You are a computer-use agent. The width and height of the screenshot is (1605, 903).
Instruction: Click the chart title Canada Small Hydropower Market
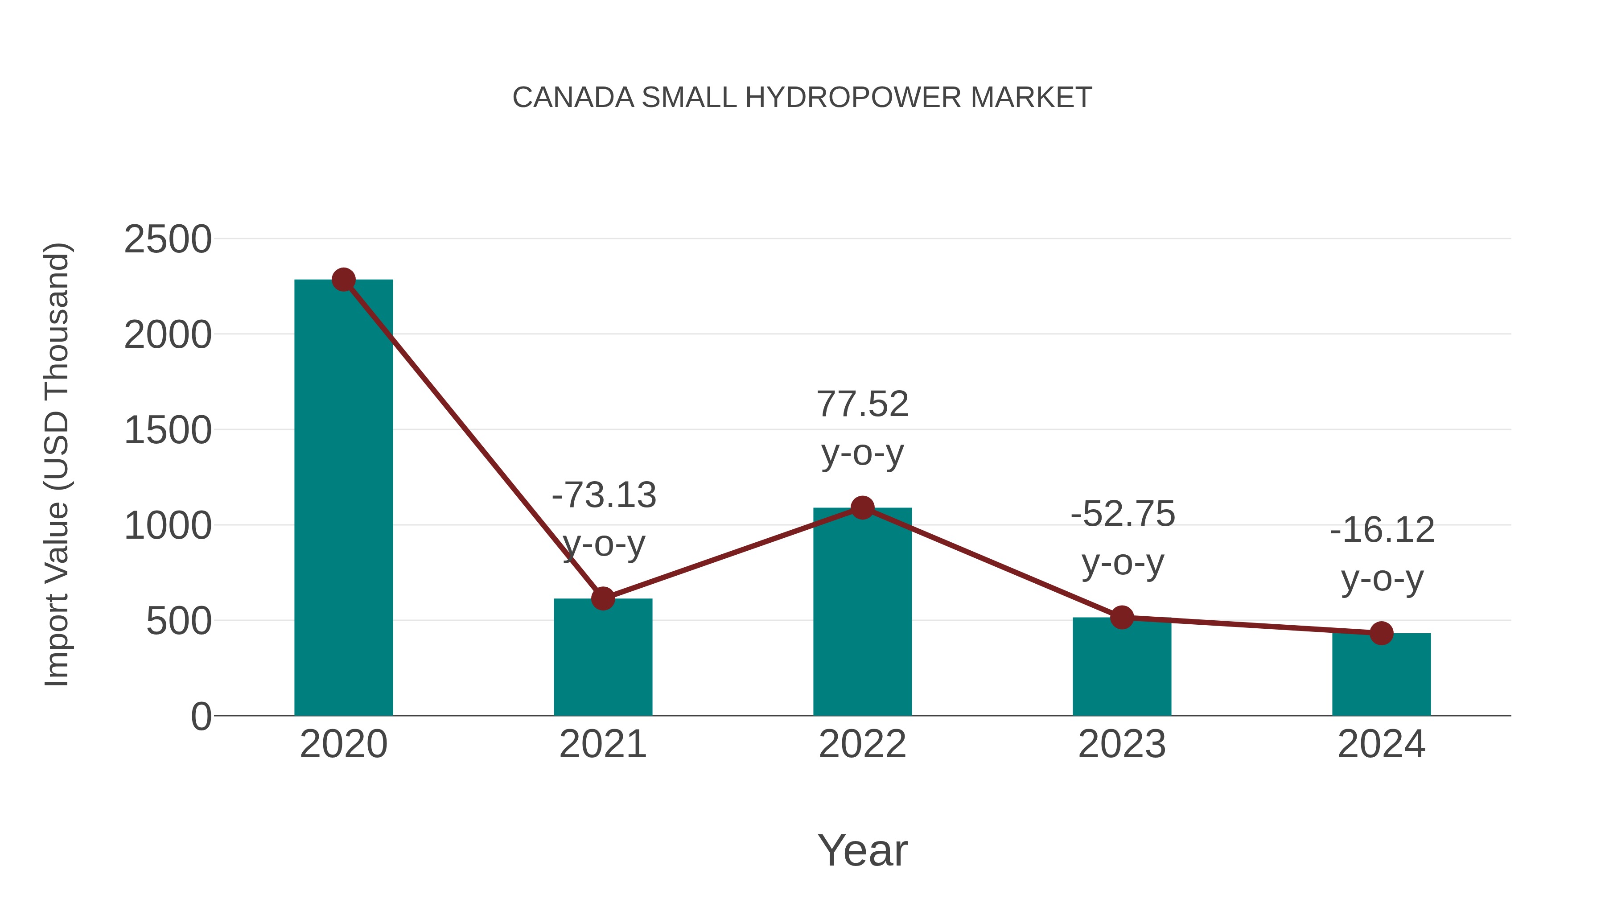[x=802, y=98]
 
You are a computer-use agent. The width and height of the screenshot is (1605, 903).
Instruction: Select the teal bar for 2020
[x=343, y=499]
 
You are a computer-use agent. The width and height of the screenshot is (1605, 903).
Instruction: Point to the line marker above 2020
[x=343, y=280]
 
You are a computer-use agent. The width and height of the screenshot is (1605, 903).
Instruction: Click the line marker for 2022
[x=862, y=508]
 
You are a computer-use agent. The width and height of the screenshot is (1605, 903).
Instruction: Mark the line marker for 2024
[x=1381, y=634]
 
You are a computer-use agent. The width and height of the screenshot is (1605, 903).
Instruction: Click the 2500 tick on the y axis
[x=168, y=239]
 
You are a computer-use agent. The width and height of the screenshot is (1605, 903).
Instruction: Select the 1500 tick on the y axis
[x=168, y=431]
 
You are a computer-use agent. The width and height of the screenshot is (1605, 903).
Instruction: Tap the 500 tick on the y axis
[x=178, y=621]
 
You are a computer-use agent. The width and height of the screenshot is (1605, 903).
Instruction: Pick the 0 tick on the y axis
[x=201, y=717]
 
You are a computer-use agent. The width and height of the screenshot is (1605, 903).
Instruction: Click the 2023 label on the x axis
[x=1122, y=744]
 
